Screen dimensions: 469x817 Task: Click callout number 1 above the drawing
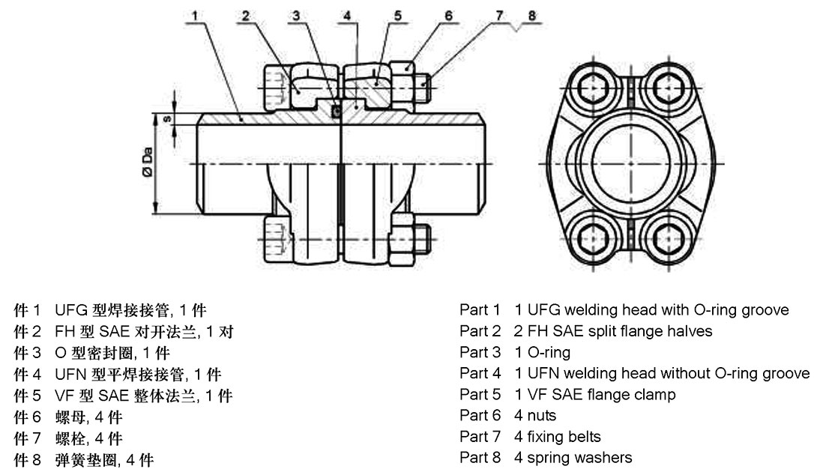[x=194, y=15]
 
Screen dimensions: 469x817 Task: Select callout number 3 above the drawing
[x=297, y=15]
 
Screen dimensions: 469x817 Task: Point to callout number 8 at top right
[x=531, y=15]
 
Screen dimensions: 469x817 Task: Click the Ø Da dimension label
[x=148, y=162]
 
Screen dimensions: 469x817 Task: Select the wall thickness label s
[x=166, y=118]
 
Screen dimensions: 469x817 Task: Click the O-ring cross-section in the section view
[x=337, y=109]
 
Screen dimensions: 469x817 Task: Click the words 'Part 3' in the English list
[x=480, y=352]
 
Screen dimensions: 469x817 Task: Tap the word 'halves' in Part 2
[x=691, y=330]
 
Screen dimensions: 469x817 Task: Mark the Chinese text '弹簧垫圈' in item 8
[x=81, y=459]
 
